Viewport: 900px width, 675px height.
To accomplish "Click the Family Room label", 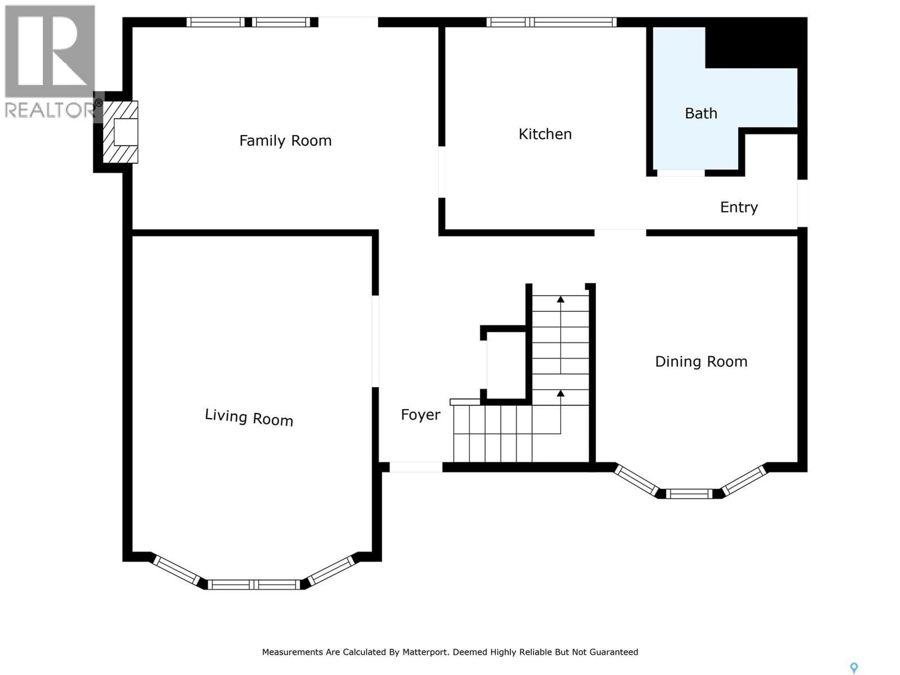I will (285, 141).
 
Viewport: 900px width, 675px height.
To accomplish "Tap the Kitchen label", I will (545, 134).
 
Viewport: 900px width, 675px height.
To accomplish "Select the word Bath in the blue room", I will (701, 113).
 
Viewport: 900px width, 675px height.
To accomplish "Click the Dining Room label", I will (701, 362).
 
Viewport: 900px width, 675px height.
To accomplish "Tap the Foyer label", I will (420, 415).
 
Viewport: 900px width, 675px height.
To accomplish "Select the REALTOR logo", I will (50, 61).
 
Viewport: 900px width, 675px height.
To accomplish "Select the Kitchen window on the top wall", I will (551, 22).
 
